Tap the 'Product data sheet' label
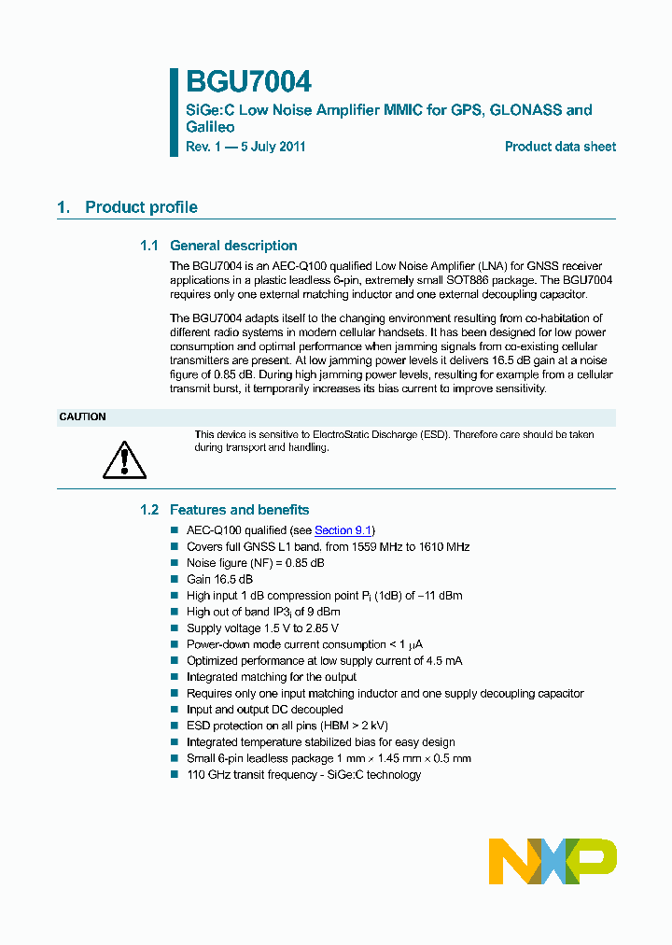560,147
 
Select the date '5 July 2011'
273,147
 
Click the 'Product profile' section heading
141,207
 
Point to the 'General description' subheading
233,246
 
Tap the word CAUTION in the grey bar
83,417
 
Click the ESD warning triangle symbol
125,458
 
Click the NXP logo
553,861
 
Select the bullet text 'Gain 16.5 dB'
219,579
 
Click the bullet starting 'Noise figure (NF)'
255,563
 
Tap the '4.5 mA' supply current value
443,661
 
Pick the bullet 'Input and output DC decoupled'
265,710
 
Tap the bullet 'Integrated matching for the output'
272,677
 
